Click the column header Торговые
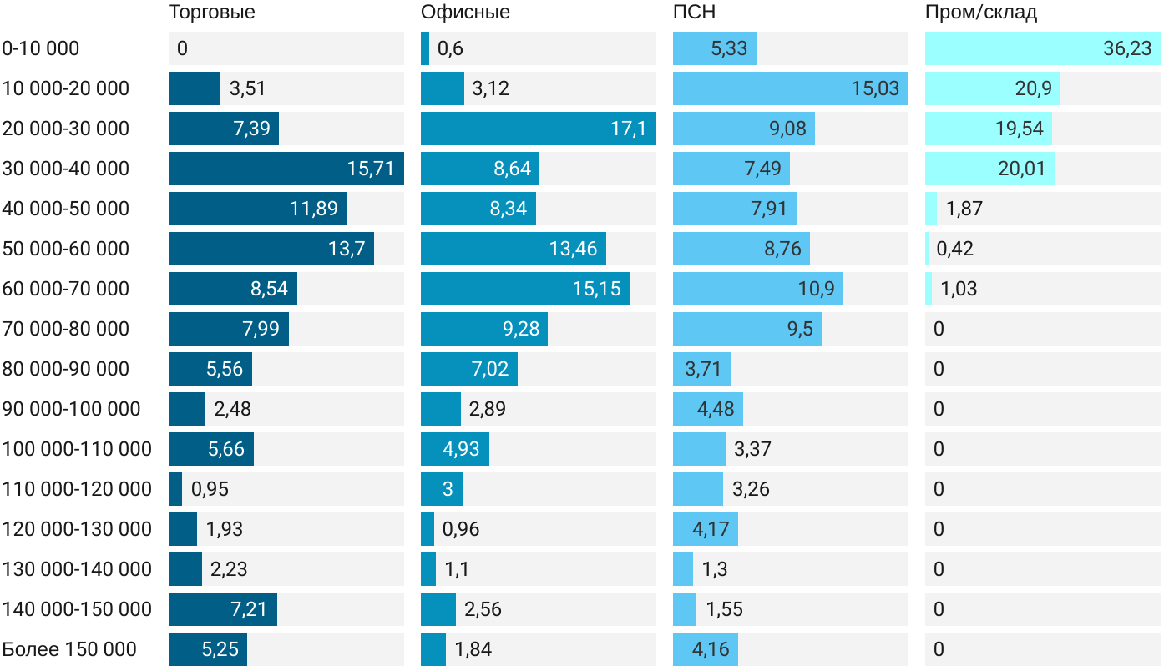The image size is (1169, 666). tap(211, 13)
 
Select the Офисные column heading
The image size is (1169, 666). tap(465, 13)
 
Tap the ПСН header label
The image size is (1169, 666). tap(694, 13)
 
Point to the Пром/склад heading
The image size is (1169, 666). tap(980, 13)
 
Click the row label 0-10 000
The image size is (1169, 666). tap(41, 48)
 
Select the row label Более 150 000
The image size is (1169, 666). tap(69, 649)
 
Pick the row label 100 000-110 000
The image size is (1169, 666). tap(77, 449)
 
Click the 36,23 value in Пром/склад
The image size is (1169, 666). tap(1127, 48)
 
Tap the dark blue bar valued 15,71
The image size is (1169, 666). tap(286, 169)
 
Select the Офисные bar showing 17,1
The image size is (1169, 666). tap(538, 129)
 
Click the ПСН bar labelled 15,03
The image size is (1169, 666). tap(790, 88)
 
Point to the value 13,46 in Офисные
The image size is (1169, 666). tap(573, 249)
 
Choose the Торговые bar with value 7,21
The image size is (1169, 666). tap(222, 609)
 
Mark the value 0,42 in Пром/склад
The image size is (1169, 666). tap(954, 249)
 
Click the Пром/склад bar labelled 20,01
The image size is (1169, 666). tap(989, 169)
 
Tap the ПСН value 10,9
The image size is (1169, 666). tap(816, 289)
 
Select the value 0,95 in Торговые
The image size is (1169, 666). tap(210, 489)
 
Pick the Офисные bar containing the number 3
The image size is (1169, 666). tap(441, 489)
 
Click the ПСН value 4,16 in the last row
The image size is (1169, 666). tap(706, 649)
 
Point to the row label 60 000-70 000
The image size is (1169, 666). tap(66, 289)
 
